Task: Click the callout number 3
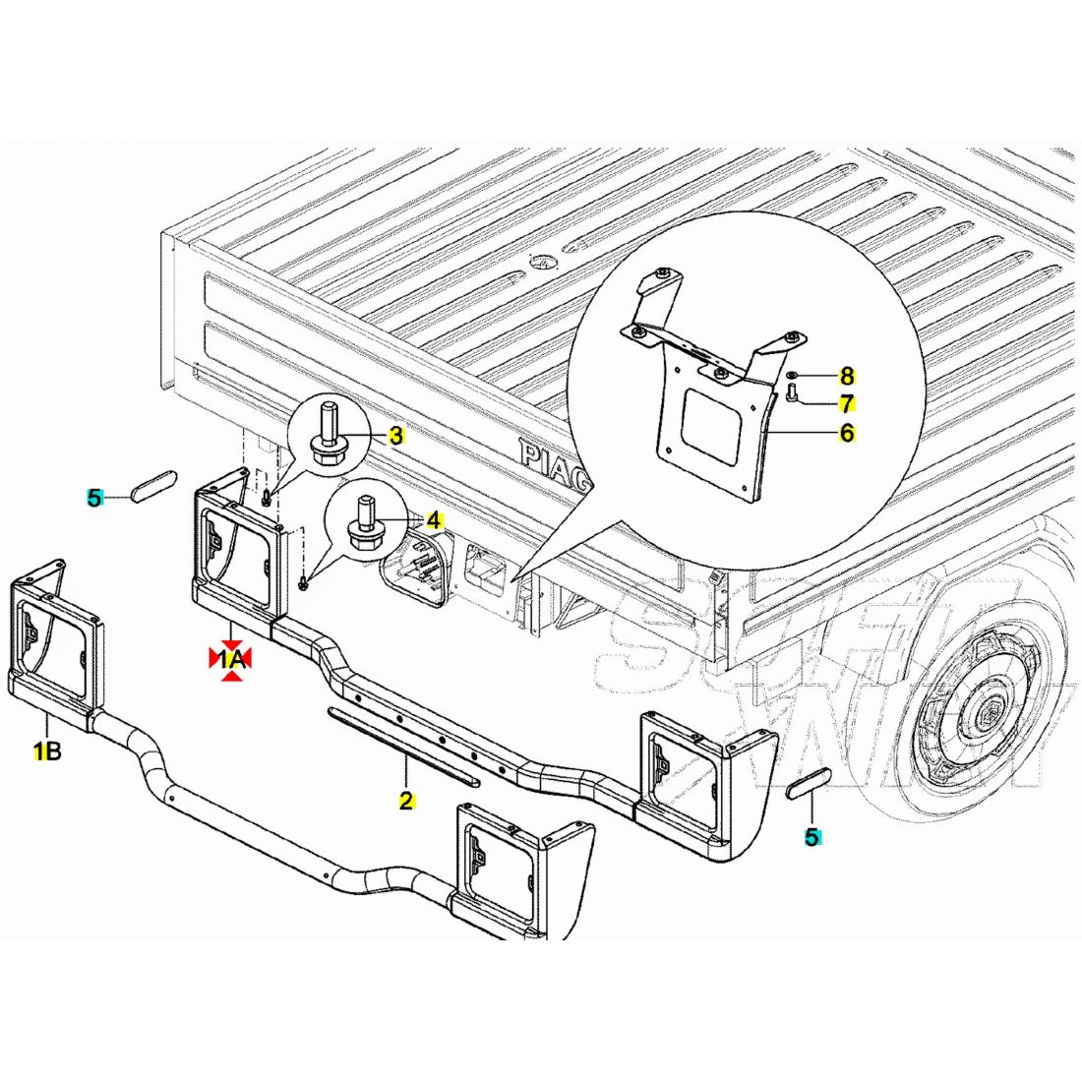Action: [x=395, y=436]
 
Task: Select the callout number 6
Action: [x=846, y=432]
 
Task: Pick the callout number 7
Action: [x=846, y=403]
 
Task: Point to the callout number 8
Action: [x=846, y=376]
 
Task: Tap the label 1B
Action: [x=47, y=752]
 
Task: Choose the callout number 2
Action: [x=405, y=800]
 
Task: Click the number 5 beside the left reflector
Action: [x=94, y=498]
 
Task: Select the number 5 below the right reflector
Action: [x=811, y=837]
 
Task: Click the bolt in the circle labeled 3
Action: [x=327, y=438]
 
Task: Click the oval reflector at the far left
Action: [x=154, y=486]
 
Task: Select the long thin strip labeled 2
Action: [x=403, y=745]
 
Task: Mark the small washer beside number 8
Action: [x=793, y=376]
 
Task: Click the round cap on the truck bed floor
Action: [x=540, y=262]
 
